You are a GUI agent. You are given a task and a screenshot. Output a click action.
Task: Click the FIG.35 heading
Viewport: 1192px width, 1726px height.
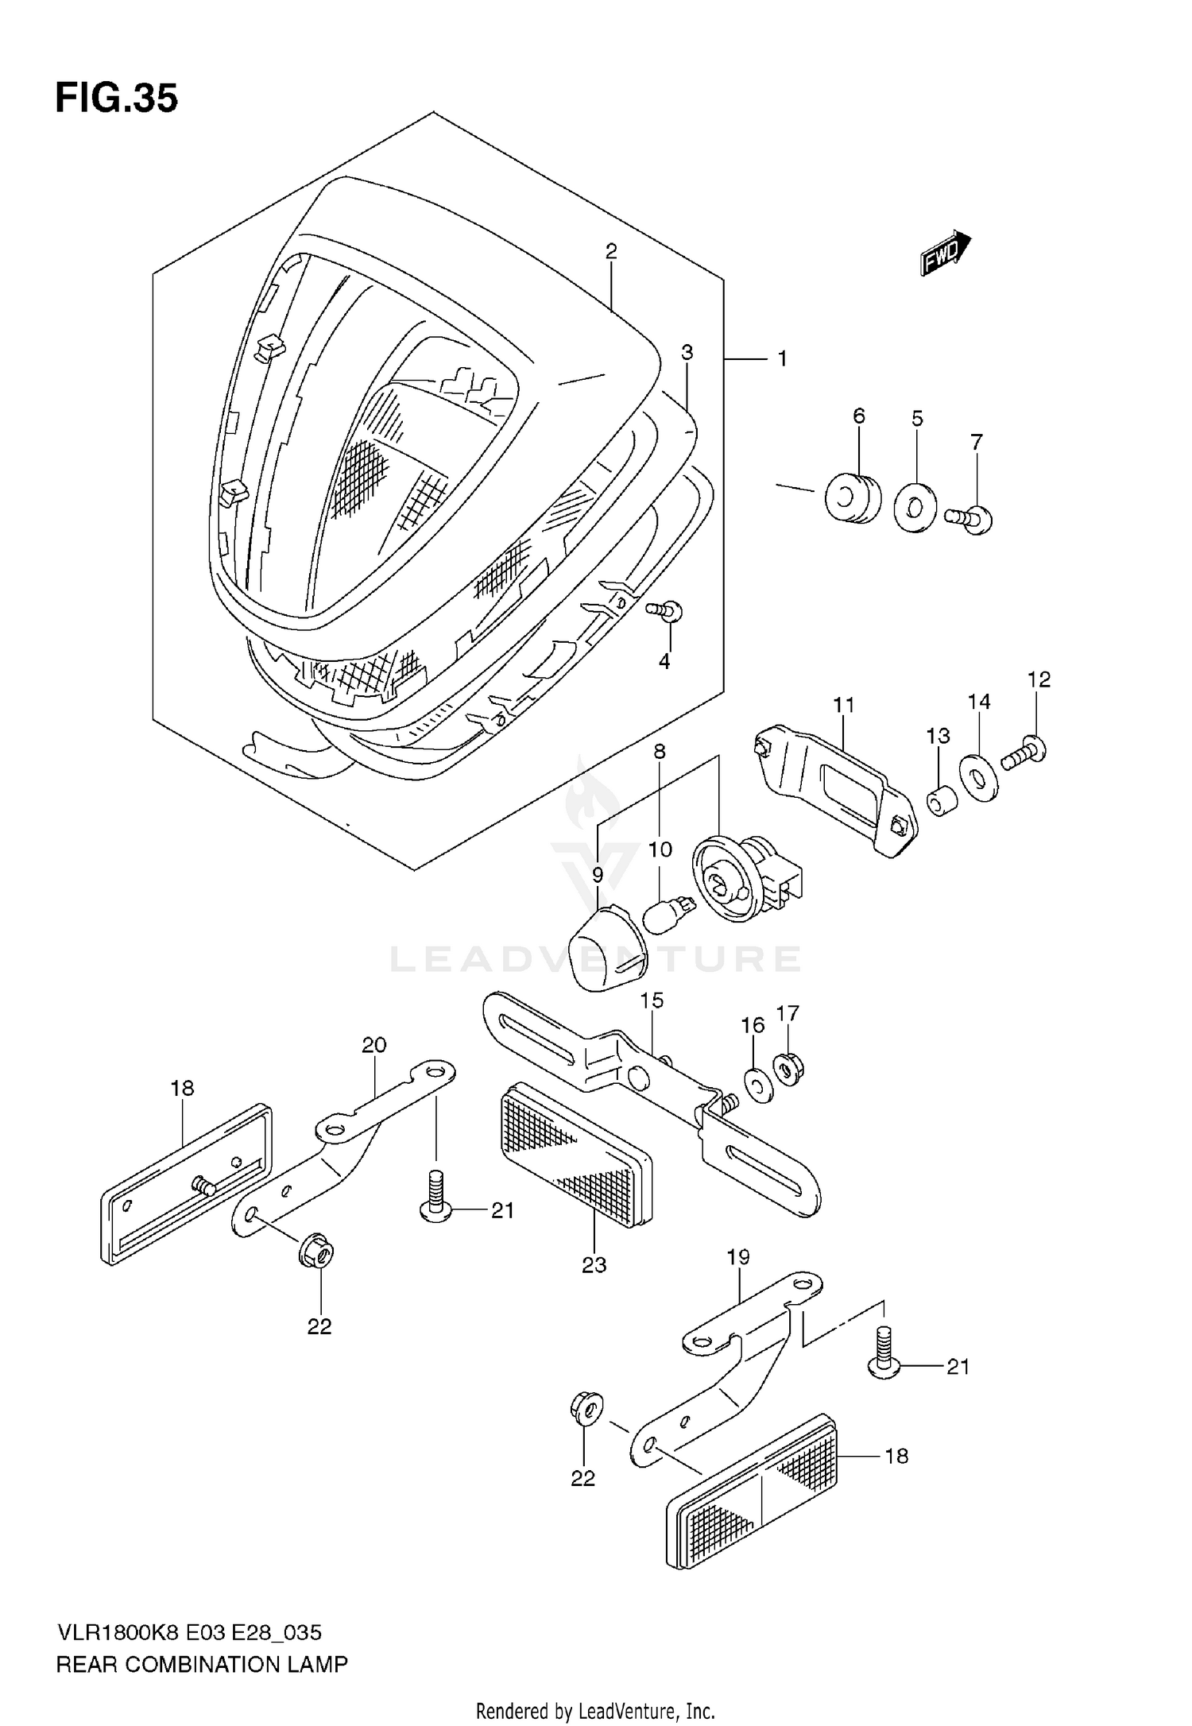pos(116,99)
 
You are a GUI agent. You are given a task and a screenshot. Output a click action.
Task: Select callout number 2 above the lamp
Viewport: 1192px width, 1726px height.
pos(610,251)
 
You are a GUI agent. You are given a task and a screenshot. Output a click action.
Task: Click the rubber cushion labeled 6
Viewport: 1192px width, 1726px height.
pos(853,497)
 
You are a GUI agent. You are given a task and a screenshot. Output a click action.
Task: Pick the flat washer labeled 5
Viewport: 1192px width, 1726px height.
pos(915,506)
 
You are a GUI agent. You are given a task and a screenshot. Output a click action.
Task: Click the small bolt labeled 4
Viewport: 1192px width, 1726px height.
pos(666,610)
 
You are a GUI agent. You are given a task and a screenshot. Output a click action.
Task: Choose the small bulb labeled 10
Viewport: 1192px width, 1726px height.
pos(669,913)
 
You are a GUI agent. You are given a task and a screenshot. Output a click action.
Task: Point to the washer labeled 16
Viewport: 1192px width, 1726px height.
pos(757,1085)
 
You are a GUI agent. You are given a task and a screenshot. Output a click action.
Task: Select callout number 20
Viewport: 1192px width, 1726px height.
pos(373,1045)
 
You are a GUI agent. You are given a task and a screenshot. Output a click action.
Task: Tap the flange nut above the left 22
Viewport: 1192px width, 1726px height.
pos(317,1253)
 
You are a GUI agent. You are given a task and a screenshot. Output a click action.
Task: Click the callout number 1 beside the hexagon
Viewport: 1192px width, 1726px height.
pos(783,359)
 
